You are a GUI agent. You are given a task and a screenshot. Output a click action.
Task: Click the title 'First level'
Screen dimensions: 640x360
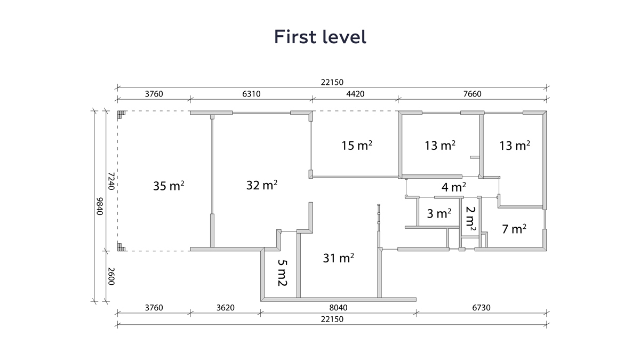[x=320, y=37]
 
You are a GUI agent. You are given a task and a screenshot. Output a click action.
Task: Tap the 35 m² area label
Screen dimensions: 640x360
[x=169, y=186]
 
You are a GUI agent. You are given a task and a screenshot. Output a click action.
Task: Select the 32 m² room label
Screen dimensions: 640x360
[x=262, y=185]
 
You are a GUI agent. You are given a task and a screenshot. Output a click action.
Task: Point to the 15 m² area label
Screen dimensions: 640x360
[x=357, y=146]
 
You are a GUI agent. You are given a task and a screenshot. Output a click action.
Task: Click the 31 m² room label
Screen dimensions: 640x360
[x=339, y=258]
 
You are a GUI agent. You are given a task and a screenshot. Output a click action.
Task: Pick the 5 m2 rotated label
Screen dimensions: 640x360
[x=282, y=273]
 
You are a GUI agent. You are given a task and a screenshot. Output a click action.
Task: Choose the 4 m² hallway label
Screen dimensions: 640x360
[x=454, y=187]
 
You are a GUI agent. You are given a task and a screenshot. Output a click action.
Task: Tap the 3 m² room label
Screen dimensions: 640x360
[x=439, y=213]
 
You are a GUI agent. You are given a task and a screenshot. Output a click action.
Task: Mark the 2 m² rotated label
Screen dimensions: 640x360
[x=470, y=219]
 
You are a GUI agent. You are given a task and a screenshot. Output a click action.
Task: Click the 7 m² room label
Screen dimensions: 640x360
[x=514, y=229]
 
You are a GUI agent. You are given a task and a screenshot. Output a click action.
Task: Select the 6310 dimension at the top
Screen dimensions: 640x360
[x=251, y=94]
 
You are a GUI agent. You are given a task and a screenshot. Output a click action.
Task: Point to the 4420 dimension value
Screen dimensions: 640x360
[x=355, y=94]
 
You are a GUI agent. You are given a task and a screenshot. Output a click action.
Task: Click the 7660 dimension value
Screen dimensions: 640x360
[x=473, y=94]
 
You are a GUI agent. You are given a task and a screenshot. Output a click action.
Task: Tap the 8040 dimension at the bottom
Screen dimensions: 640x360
[x=338, y=307]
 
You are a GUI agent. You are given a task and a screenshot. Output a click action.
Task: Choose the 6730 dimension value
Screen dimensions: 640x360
[x=481, y=307]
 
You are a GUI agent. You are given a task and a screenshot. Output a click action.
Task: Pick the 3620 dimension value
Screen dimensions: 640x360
[x=226, y=307]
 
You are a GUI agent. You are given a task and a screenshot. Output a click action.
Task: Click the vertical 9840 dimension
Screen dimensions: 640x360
[x=99, y=206]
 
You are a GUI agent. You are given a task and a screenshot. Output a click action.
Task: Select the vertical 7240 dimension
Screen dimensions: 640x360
[x=111, y=181]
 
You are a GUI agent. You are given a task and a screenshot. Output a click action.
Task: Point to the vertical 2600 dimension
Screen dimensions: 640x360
[x=111, y=276]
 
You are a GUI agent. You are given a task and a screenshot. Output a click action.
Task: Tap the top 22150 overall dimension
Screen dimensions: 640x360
[x=332, y=82]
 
